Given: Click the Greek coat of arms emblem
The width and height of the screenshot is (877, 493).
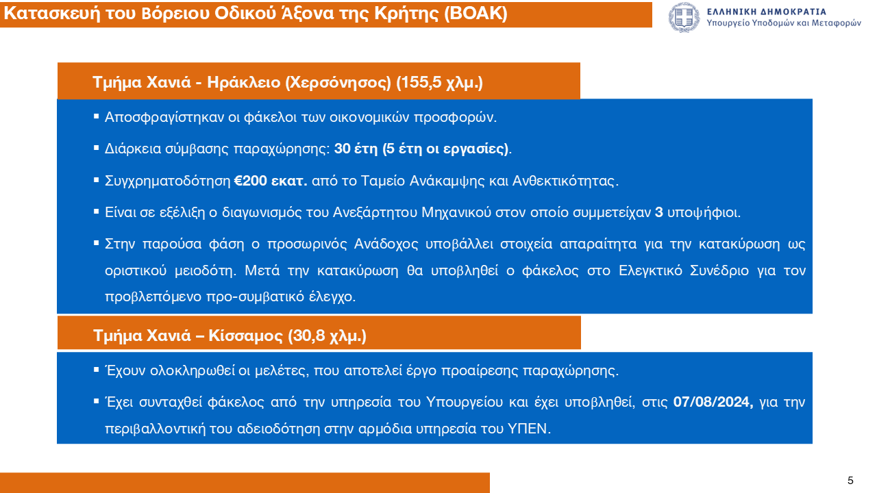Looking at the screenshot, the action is [684, 18].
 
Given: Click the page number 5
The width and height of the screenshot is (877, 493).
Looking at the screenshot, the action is [850, 481].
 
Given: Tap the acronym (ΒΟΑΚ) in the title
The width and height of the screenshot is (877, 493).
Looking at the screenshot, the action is [475, 14].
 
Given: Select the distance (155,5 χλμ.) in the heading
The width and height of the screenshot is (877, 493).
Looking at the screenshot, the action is [439, 83].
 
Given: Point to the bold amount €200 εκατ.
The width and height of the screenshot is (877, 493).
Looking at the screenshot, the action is [271, 181].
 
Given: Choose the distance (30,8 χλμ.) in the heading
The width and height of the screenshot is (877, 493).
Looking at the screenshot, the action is [327, 336].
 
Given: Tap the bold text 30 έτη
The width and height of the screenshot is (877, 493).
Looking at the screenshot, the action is [356, 149].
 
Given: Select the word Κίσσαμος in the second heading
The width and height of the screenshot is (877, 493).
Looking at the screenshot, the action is [245, 336].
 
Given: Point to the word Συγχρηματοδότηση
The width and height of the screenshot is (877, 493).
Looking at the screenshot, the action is [168, 181].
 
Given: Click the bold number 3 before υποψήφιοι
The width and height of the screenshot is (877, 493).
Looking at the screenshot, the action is [659, 212].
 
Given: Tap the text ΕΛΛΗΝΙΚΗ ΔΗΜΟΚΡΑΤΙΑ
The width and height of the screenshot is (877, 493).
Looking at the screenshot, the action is [767, 12].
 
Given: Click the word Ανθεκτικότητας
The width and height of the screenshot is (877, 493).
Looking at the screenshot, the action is [565, 181].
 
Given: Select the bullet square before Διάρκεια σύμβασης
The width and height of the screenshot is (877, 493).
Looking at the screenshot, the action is [97, 149].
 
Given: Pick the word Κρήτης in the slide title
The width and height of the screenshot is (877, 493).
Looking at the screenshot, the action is [408, 14].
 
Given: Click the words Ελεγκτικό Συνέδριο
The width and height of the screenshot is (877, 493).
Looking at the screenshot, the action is [684, 270].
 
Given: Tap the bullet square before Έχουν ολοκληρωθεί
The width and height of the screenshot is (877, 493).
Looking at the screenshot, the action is [97, 370].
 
